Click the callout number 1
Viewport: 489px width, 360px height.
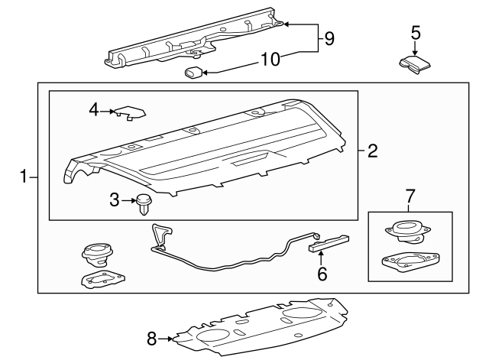click(x=24, y=177)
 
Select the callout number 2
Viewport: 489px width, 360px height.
click(x=372, y=151)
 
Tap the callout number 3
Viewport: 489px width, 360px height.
click(x=115, y=200)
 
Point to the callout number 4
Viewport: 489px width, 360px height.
click(x=94, y=110)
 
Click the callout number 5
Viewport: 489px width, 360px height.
click(x=416, y=33)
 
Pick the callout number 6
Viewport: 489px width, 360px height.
click(x=322, y=274)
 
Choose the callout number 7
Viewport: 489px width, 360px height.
click(x=410, y=196)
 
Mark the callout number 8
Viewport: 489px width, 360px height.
click(x=151, y=339)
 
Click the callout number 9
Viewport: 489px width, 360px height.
click(x=329, y=39)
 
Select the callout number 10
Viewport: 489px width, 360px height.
click(x=270, y=60)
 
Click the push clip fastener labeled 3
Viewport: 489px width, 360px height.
click(x=144, y=204)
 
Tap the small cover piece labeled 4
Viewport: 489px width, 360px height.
click(x=131, y=112)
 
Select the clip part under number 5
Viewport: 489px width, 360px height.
click(x=415, y=65)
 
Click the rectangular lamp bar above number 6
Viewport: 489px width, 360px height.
click(x=329, y=243)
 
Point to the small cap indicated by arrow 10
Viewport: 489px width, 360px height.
click(x=193, y=73)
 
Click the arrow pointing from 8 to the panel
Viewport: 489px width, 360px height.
click(x=165, y=339)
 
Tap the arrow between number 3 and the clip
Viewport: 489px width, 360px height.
click(x=128, y=200)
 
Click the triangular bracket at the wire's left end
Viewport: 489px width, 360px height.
click(x=161, y=235)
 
